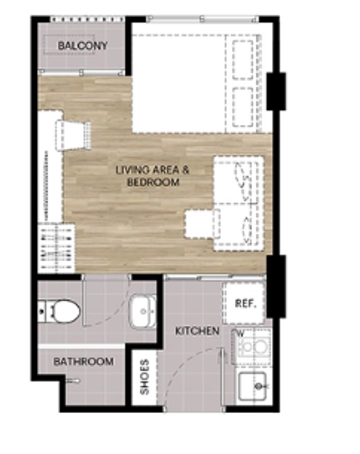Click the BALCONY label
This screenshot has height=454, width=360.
pos(83,46)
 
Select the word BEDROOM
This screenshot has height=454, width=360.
pos(154,182)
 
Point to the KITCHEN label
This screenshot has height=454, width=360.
pos(197,331)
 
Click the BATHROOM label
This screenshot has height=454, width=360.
pos(84,361)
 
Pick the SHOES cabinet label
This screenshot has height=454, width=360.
pos(144,377)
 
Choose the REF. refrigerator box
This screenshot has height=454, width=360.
pos(244,303)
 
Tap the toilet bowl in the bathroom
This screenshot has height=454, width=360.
pos(63,311)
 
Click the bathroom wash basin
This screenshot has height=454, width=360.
pos(143,311)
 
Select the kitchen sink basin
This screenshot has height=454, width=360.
pos(252,386)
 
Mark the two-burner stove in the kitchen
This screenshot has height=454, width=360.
pos(254,346)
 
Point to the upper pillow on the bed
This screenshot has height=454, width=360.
pos(243,60)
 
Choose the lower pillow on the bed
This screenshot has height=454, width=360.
pos(243,107)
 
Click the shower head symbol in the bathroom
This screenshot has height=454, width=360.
pos(72,381)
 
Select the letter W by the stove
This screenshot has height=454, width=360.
pos(241,333)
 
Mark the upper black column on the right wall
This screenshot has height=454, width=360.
pos(276,91)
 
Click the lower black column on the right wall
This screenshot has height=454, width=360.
pos(276,286)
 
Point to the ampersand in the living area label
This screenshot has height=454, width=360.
pos(186,170)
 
